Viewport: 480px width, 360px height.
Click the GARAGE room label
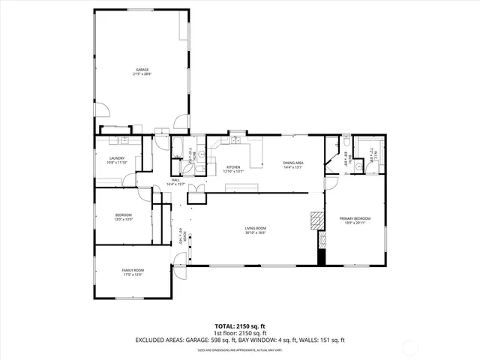click(142, 70)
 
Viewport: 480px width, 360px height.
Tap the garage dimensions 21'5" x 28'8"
click(142, 74)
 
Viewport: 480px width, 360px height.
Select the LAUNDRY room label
click(116, 157)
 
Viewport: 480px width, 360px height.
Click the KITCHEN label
click(234, 166)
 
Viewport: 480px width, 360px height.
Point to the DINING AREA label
click(292, 163)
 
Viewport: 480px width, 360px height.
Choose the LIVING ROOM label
click(256, 228)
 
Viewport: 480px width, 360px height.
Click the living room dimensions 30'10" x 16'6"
click(256, 232)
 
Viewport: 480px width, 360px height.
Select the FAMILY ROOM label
click(133, 270)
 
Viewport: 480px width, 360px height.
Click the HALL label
click(175, 179)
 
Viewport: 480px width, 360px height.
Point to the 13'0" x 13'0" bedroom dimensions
click(124, 219)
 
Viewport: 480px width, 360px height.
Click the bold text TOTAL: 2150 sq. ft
click(240, 326)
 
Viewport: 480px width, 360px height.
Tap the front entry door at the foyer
click(179, 262)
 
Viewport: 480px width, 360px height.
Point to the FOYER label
click(184, 237)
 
